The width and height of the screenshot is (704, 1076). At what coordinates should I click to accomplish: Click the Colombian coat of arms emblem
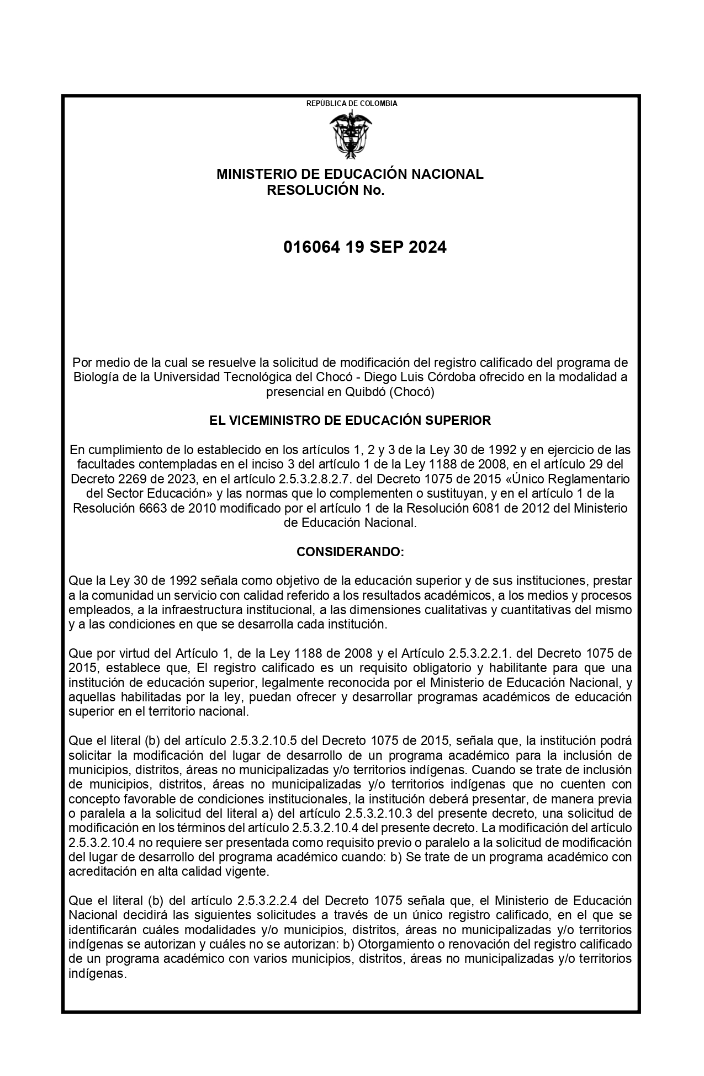click(x=351, y=134)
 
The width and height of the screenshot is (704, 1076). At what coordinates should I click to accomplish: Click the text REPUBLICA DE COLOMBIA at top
click(x=352, y=103)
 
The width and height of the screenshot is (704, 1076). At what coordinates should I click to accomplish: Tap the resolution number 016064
click(x=313, y=247)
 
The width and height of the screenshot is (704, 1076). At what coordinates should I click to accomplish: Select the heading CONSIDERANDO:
click(x=350, y=552)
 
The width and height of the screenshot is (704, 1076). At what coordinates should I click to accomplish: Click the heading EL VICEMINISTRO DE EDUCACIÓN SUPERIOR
click(x=350, y=420)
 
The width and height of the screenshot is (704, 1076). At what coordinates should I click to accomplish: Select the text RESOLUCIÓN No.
click(x=325, y=191)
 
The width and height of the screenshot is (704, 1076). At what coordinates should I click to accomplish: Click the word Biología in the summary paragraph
click(x=94, y=377)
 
